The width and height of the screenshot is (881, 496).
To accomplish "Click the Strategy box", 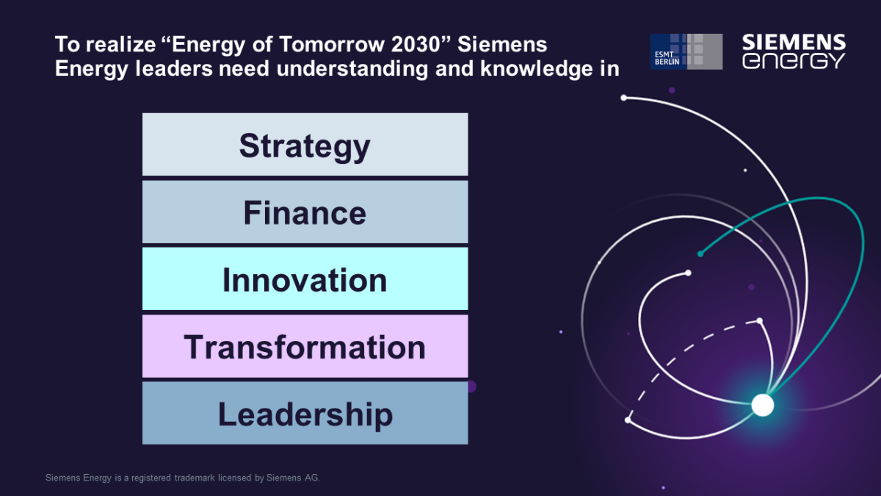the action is [305, 145].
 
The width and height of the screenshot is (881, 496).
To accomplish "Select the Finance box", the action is [305, 212].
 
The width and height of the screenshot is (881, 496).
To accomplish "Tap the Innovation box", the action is [305, 278].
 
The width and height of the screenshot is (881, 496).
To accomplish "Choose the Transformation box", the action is [305, 346].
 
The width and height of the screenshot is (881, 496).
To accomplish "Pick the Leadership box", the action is [305, 413].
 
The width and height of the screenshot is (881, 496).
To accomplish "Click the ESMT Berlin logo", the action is [686, 51].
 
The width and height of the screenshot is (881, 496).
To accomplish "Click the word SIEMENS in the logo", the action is [794, 42].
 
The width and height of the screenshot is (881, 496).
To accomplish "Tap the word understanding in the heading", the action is [352, 68].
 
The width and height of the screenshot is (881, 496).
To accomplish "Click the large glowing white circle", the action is [763, 405].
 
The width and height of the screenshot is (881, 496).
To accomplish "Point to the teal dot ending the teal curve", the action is [700, 254].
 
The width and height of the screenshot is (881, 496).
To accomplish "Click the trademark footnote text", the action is [183, 478].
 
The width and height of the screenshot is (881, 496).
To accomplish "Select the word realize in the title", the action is [120, 44].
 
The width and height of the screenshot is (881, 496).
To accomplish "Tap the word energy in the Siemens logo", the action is [794, 61].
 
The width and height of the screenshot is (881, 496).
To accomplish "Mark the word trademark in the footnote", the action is [195, 478].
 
